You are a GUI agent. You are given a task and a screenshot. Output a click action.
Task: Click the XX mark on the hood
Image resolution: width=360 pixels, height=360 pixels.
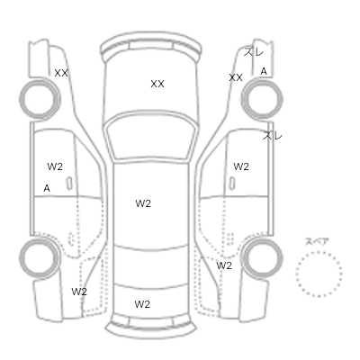[157, 84]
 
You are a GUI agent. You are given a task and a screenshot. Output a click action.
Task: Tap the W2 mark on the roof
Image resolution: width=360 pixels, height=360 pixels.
[143, 203]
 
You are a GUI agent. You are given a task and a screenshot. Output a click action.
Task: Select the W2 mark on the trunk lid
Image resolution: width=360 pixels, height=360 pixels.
[142, 304]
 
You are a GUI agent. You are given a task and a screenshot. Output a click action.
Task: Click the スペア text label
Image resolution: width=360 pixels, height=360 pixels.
[317, 241]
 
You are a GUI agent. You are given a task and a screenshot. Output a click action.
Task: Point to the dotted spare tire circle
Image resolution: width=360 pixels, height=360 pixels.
[319, 252]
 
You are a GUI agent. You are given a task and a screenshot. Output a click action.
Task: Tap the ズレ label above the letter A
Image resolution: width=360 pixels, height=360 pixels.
[254, 52]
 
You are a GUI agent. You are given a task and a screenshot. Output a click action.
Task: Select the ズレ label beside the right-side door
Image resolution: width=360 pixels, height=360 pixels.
[273, 136]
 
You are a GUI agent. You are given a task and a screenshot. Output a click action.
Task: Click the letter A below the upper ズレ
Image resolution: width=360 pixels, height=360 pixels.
[264, 71]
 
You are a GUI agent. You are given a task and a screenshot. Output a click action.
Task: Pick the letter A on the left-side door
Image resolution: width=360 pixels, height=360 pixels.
[47, 188]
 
